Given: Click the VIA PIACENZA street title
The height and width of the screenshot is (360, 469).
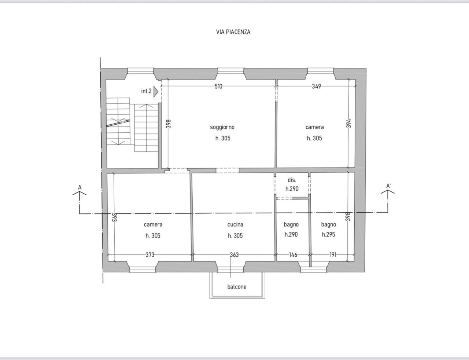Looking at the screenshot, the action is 233,32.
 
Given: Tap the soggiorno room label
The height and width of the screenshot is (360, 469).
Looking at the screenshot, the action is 222,127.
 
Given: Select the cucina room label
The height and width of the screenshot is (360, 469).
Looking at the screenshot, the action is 235,225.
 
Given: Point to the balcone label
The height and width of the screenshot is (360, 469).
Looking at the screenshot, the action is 237,287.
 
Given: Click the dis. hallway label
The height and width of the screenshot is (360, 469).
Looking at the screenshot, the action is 292,180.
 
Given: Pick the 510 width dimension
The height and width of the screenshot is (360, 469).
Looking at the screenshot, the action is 218,87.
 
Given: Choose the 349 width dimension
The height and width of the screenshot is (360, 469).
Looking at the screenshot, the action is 317,87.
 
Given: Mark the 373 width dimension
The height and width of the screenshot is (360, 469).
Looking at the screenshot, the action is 150,255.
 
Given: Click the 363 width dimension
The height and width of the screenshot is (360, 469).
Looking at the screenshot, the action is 234,255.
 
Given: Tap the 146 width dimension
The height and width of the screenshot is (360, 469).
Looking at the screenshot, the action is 293,255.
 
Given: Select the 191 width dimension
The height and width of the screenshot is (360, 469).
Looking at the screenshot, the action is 333,255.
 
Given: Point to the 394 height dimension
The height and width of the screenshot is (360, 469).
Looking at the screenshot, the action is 349,123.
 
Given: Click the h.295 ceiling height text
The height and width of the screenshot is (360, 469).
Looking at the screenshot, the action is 329,235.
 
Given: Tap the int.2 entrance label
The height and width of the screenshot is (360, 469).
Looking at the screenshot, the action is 146,91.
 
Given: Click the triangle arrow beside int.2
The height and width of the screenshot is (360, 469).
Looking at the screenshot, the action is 156,92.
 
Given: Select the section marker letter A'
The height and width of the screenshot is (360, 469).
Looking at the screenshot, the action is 388,186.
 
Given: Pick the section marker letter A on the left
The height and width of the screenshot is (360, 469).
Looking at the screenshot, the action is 80,187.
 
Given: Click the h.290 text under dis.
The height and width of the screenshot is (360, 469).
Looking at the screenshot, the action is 292,189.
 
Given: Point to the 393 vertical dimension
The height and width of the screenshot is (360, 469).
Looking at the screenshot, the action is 114,217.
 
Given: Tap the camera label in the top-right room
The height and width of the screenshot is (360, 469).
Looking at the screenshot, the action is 314,127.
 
